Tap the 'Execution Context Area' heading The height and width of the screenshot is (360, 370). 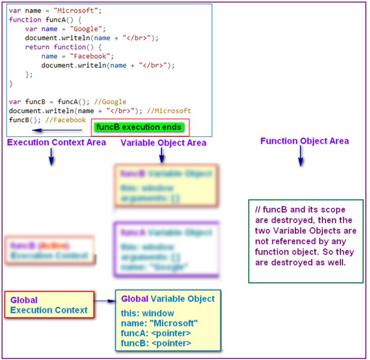pos(56,142)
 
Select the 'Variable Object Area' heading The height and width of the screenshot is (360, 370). pos(164,142)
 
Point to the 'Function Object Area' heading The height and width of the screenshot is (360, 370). pos(305,141)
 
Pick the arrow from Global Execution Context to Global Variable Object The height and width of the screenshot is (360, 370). pos(105,302)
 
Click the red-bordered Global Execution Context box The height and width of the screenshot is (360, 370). pos(49,305)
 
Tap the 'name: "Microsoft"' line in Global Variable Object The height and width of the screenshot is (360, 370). pos(159,323)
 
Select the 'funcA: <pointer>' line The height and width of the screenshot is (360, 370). pos(156,333)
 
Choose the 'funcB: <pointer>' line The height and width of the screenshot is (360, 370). pos(156,344)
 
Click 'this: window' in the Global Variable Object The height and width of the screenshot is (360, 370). pos(148,313)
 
